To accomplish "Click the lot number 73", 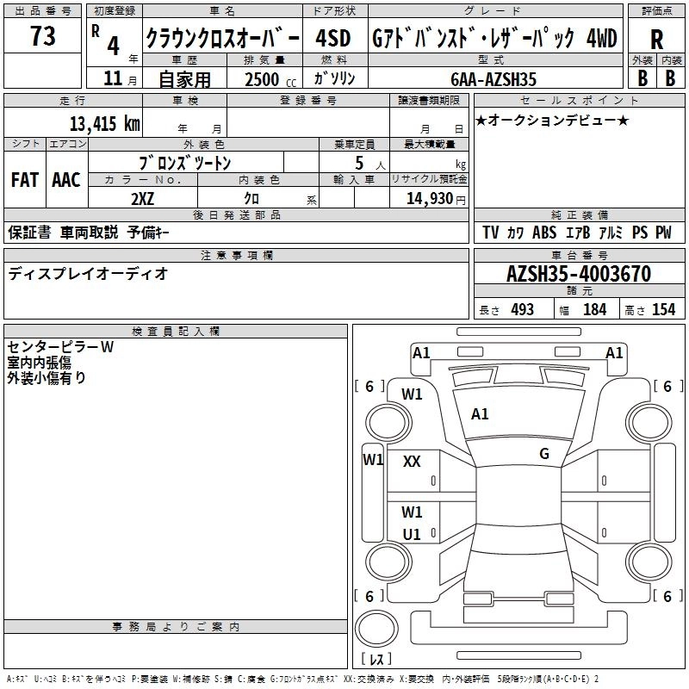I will pyautogui.click(x=42, y=37).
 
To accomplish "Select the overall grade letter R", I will pyautogui.click(x=656, y=39).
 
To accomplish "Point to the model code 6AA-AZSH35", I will pyautogui.click(x=493, y=79).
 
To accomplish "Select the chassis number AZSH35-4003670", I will pyautogui.click(x=578, y=275).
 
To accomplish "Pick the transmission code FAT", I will pyautogui.click(x=24, y=180).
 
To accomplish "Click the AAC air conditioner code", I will pyautogui.click(x=66, y=180).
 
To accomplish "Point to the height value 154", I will pyautogui.click(x=663, y=309).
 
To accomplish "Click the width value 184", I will pyautogui.click(x=594, y=309).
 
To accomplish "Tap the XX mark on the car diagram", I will pyautogui.click(x=412, y=462).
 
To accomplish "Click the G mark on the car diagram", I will pyautogui.click(x=543, y=453).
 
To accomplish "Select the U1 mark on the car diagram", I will pyautogui.click(x=412, y=534).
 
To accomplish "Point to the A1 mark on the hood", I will pyautogui.click(x=480, y=414).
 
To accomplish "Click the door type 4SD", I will pyautogui.click(x=332, y=39).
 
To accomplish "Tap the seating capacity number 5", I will pyautogui.click(x=357, y=163).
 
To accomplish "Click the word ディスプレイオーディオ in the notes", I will pyautogui.click(x=88, y=274).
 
